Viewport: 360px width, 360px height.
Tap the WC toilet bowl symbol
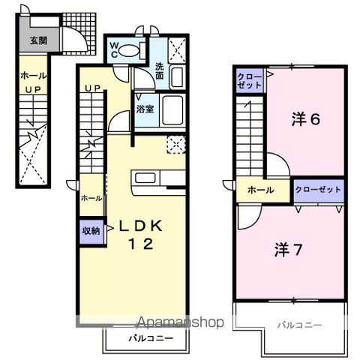point(133,50)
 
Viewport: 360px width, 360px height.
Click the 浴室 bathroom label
point(144,109)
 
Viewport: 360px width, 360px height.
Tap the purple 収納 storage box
point(91,231)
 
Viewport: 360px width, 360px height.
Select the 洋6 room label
point(305,118)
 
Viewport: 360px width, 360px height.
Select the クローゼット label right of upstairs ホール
point(318,190)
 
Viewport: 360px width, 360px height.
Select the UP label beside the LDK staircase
point(91,88)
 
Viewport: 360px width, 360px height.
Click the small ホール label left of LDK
point(91,198)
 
